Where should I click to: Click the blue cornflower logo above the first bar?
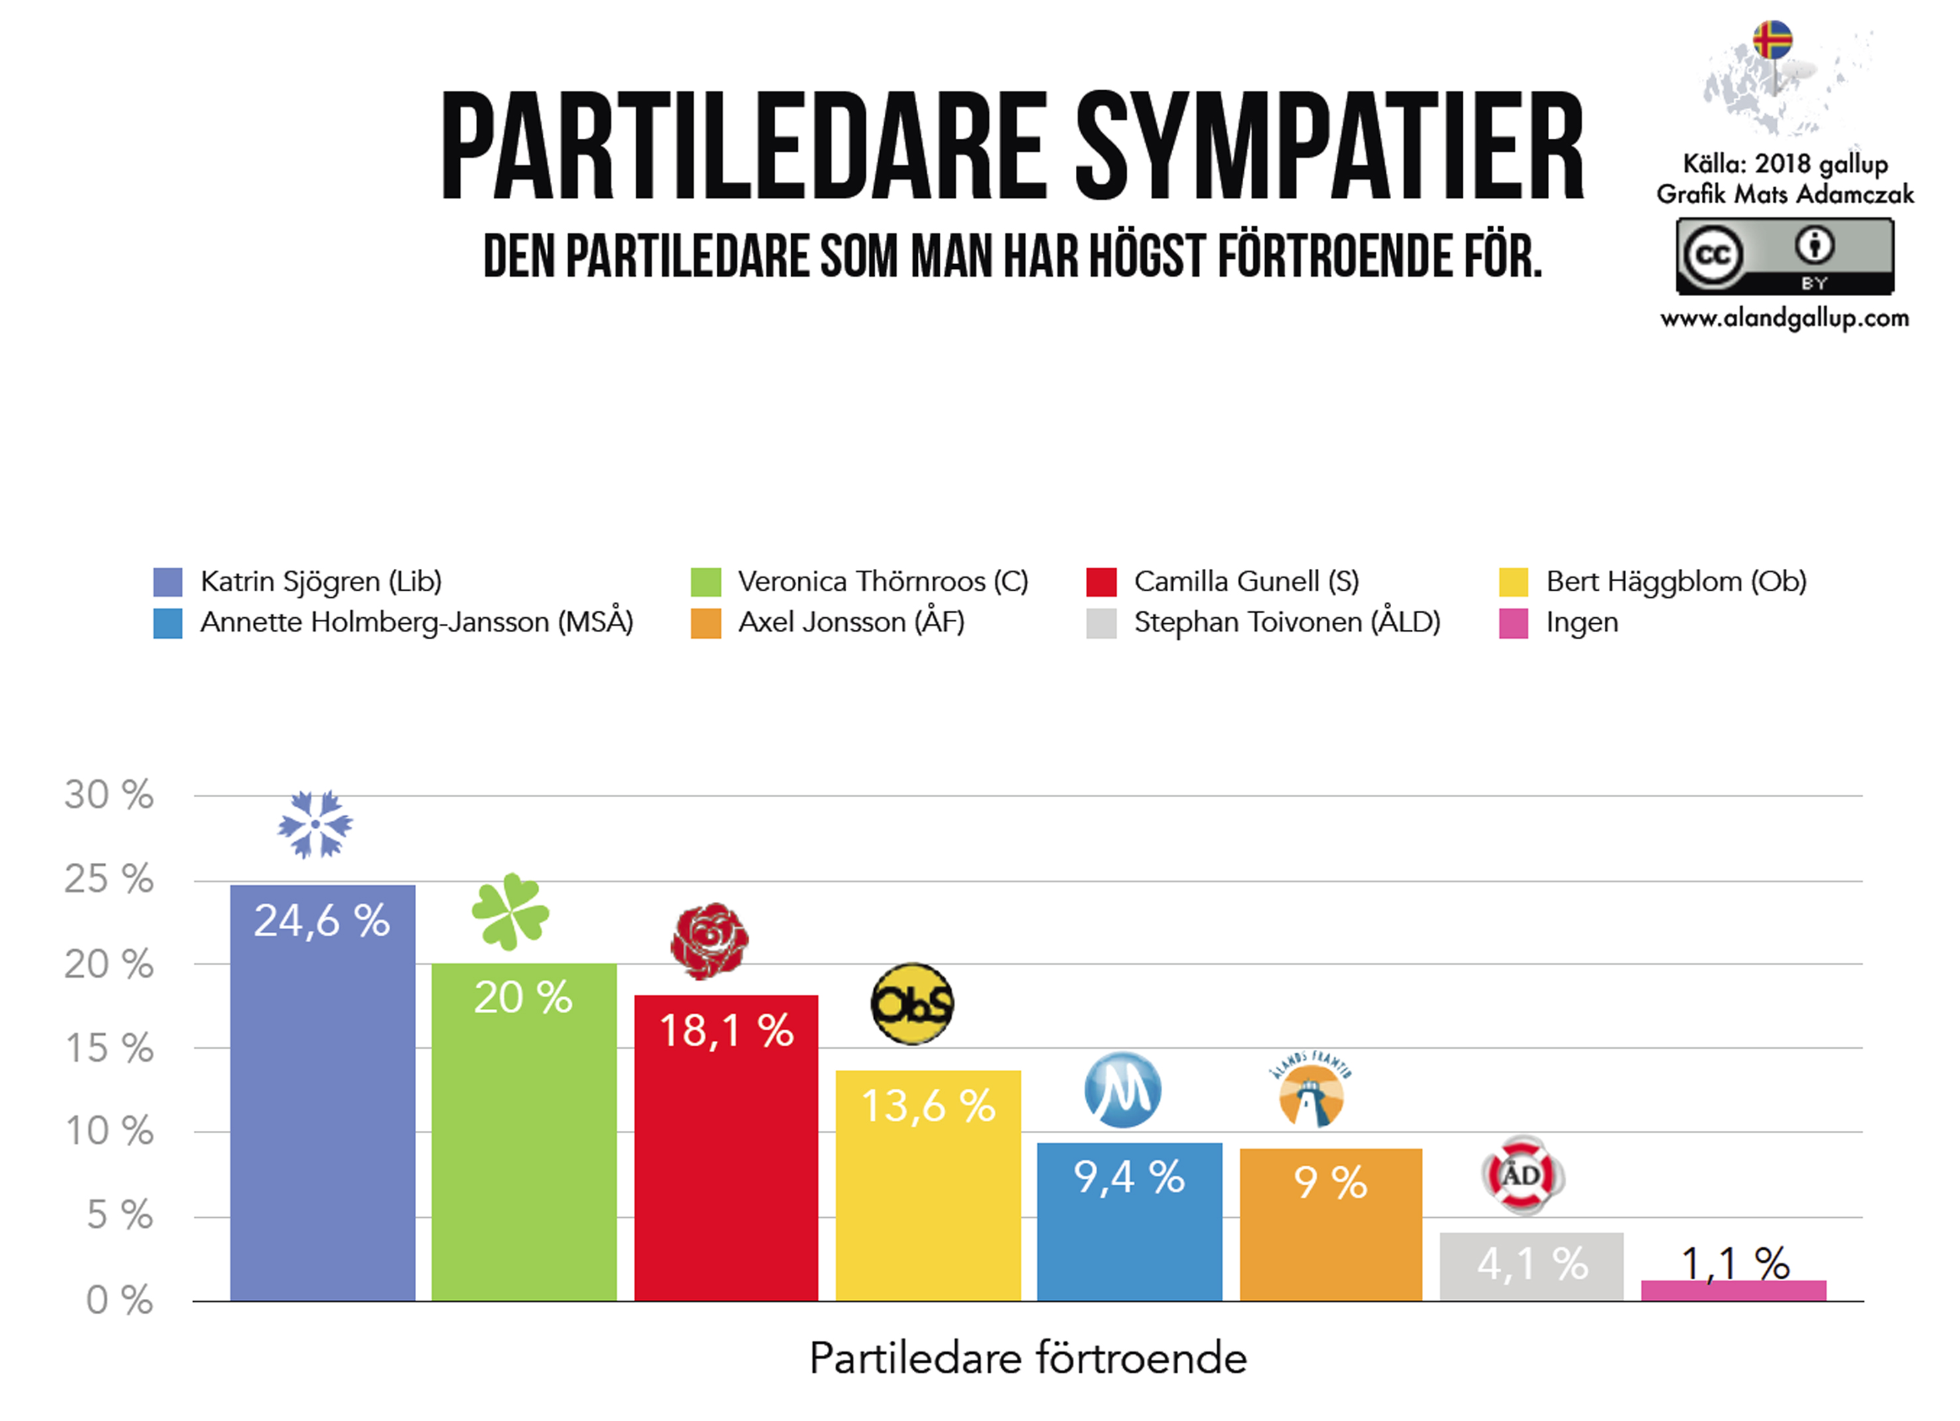click(x=315, y=824)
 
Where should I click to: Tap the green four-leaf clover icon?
click(x=510, y=913)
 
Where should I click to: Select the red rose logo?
click(x=710, y=941)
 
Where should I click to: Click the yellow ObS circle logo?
click(x=912, y=1004)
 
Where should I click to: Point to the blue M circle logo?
click(x=1122, y=1090)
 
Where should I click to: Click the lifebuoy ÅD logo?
click(x=1523, y=1175)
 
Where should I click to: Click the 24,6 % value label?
click(x=321, y=921)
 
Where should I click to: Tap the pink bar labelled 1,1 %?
click(x=1734, y=1290)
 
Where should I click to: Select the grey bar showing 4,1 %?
click(x=1531, y=1266)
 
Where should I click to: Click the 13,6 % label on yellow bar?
click(x=928, y=1106)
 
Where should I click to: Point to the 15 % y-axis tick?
click(x=109, y=1049)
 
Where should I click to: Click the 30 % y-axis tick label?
click(x=109, y=795)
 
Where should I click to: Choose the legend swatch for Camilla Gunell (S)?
click(x=1101, y=581)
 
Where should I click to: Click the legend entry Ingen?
click(x=1582, y=623)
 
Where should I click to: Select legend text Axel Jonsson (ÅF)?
click(x=851, y=623)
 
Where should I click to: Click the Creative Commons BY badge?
click(x=1785, y=256)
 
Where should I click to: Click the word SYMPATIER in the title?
click(x=1329, y=147)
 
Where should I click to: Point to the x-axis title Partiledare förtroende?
click(x=1028, y=1358)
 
